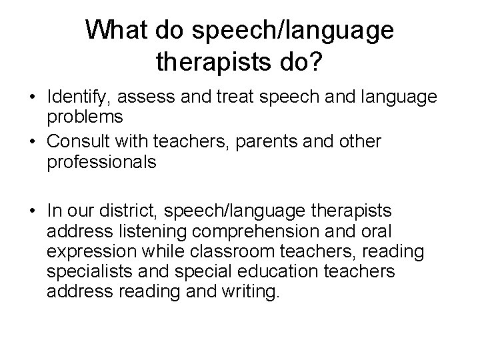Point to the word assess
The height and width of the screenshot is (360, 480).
coord(143,98)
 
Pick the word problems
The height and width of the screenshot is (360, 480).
coord(85,117)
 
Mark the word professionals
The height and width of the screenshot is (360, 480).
coord(101,162)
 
